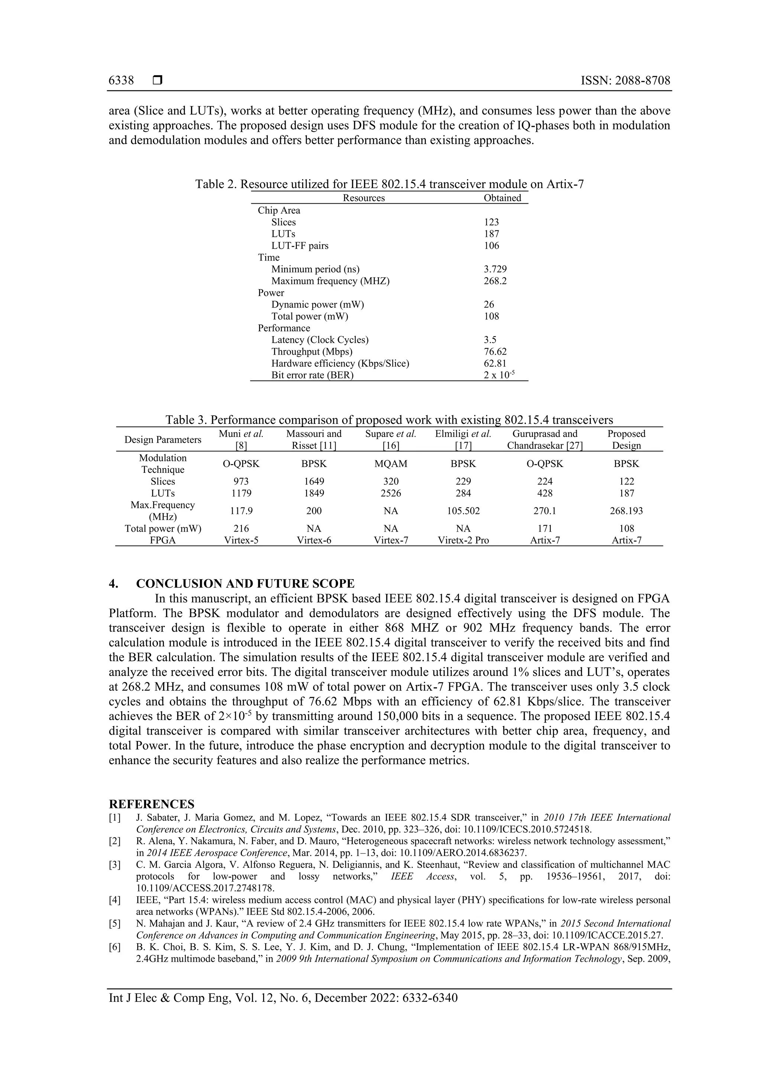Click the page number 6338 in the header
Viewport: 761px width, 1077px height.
121,81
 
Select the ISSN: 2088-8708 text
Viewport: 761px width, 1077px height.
625,81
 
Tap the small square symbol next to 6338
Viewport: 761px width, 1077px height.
158,80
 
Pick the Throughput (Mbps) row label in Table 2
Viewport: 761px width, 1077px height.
311,352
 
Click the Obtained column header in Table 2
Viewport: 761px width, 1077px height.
502,198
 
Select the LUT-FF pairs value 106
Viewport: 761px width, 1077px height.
491,246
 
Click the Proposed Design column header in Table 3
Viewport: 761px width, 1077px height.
626,439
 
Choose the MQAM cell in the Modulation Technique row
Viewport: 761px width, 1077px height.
391,464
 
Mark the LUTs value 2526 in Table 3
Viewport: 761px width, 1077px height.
391,493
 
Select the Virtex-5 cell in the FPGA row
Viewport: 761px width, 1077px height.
241,541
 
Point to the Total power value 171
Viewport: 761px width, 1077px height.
544,529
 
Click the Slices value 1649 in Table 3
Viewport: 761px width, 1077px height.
314,481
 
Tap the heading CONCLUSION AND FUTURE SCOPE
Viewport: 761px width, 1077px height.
245,584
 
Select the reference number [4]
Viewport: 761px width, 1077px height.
114,900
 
